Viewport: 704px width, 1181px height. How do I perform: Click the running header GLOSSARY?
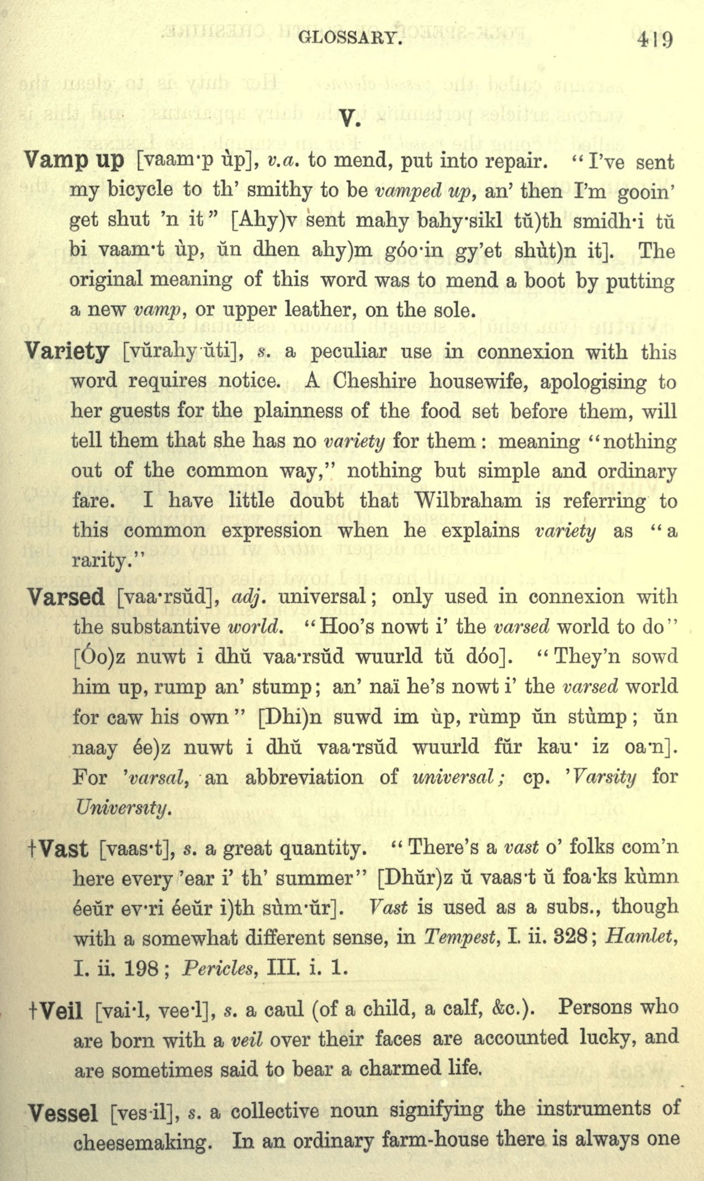(347, 38)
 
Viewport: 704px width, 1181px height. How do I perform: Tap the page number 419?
(655, 40)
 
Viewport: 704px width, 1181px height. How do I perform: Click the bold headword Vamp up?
(75, 161)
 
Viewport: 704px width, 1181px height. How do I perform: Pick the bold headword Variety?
(67, 352)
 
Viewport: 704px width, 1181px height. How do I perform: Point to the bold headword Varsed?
(66, 597)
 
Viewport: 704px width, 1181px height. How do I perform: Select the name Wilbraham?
(468, 501)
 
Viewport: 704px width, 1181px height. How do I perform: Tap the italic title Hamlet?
(641, 938)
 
